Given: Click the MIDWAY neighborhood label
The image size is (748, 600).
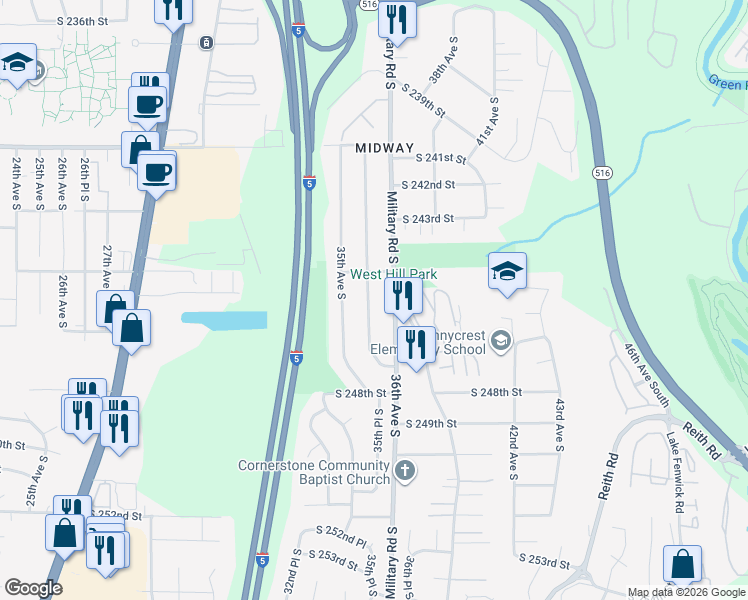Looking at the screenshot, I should tap(384, 148).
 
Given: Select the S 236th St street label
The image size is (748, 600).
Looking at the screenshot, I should tap(82, 21).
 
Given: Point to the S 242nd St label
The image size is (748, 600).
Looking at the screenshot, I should tap(428, 185).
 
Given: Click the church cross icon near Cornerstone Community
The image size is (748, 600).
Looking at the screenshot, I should tap(404, 470).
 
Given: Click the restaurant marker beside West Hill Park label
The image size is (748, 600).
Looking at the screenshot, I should tap(404, 296).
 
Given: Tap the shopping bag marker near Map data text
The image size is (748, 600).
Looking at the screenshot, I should tap(682, 565).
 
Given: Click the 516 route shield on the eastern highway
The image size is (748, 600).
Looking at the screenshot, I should tap(600, 172).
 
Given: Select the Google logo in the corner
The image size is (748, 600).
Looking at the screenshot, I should tap(33, 588).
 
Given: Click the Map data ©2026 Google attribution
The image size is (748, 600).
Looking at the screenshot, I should tap(686, 592).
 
